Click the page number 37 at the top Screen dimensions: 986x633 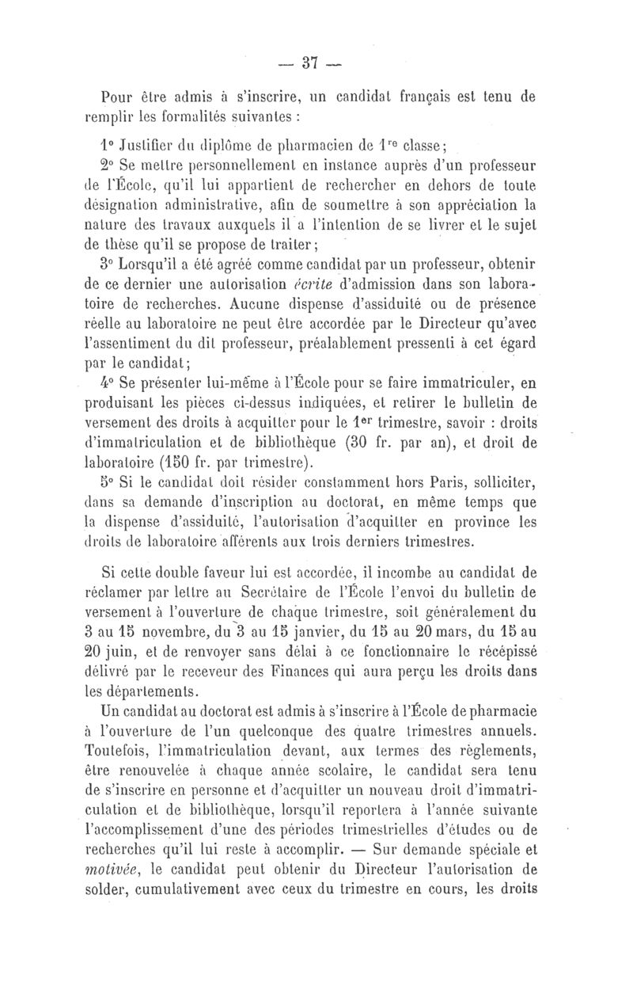pyautogui.click(x=319, y=62)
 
